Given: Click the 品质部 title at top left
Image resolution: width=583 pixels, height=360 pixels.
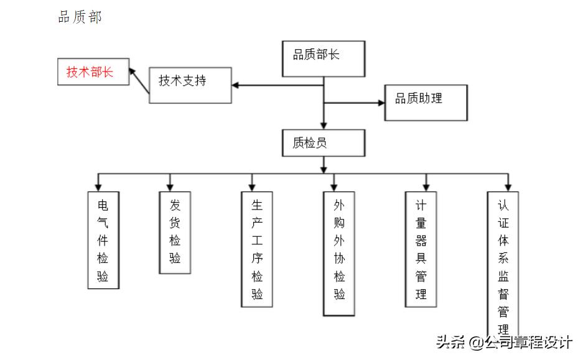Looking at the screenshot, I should click(80, 18).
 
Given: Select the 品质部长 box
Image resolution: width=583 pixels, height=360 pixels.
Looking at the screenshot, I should click(323, 58).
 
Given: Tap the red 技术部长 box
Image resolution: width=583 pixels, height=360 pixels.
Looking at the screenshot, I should click(92, 72).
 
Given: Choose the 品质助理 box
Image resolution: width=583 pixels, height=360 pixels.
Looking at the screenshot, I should click(426, 103).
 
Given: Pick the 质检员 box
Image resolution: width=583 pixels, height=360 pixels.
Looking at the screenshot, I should click(322, 144).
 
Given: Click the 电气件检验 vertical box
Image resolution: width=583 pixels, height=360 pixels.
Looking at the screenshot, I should click(103, 240).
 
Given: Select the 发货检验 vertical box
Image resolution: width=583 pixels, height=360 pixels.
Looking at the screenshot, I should click(175, 231).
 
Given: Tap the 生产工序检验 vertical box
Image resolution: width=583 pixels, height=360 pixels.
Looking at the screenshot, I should click(257, 249).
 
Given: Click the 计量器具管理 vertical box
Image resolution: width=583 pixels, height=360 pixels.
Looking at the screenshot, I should click(421, 249).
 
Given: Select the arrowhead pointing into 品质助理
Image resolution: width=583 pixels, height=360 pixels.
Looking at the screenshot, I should click(381, 103).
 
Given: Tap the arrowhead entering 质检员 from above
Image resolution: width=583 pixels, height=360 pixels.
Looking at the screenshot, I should click(323, 124).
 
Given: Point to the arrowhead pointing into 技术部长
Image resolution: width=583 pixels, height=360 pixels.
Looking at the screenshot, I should click(133, 73).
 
